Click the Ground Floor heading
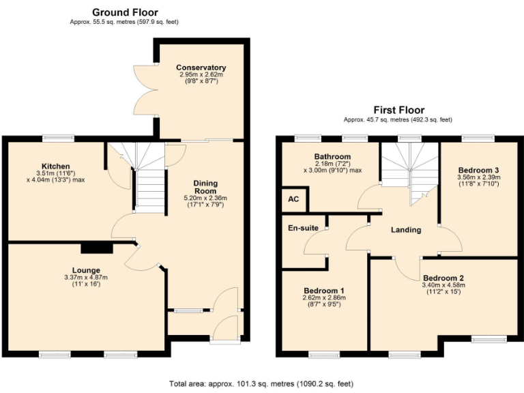pos(125,12)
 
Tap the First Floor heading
pos(398,110)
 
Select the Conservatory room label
pos(201,68)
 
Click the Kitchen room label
pos(56,166)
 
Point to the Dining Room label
pos(205,187)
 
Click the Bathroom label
pos(332,156)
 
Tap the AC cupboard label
pos(294,199)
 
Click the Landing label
pos(406,230)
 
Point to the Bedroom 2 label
pos(443,278)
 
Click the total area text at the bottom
pos(262,383)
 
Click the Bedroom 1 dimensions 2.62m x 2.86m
pos(323,297)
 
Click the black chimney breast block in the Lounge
pos(91,248)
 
